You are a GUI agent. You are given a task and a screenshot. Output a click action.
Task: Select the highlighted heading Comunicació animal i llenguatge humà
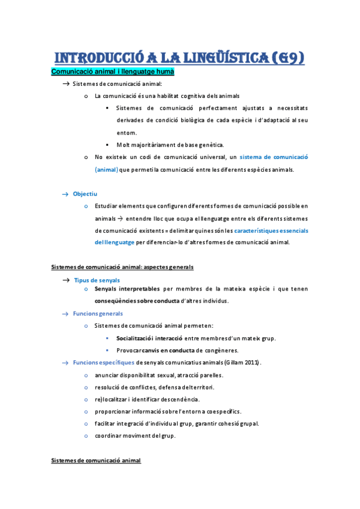tap(113, 72)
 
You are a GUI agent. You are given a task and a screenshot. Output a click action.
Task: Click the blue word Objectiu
tap(85, 194)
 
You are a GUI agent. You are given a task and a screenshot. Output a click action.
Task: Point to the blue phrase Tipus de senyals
tap(96, 280)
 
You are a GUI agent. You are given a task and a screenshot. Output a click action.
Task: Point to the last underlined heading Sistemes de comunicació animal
tap(96, 460)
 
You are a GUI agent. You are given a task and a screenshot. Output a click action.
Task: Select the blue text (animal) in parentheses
tap(106, 169)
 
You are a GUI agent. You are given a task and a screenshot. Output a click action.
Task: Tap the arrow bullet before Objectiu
tap(65, 194)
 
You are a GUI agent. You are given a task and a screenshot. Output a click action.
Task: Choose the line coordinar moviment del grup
tap(135, 435)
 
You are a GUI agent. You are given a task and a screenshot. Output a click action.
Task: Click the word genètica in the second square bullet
tap(208, 145)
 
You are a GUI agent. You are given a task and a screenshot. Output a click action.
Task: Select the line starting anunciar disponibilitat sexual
tap(158, 375)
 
